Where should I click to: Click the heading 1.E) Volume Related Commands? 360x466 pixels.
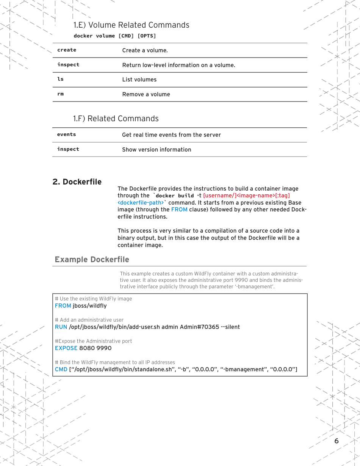(x=131, y=25)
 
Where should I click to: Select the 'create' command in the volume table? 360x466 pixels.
(x=67, y=50)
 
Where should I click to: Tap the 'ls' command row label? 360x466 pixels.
(x=60, y=79)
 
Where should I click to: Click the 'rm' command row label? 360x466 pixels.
(x=60, y=94)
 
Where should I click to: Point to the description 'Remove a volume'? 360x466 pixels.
(x=146, y=94)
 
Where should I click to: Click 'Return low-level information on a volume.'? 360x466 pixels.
(x=178, y=65)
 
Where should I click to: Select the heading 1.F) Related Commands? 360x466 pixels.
(x=116, y=119)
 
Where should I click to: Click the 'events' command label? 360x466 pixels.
(x=66, y=134)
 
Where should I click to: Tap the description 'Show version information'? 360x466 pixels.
(x=157, y=150)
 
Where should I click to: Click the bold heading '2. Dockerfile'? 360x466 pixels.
(x=77, y=182)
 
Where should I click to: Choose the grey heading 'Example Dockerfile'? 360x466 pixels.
(x=92, y=260)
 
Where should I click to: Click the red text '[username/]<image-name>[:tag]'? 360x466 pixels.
(x=246, y=195)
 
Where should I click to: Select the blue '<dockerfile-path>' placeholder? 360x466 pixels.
(x=141, y=203)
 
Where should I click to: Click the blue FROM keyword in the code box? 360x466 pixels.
(x=63, y=306)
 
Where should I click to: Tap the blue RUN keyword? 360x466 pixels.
(x=61, y=327)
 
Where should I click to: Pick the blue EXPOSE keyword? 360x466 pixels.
(x=66, y=348)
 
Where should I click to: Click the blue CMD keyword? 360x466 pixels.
(x=61, y=369)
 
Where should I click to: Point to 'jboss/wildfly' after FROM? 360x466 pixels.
(x=89, y=306)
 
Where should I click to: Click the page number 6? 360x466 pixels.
(x=337, y=441)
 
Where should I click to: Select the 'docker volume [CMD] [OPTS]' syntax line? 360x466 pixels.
(x=114, y=36)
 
